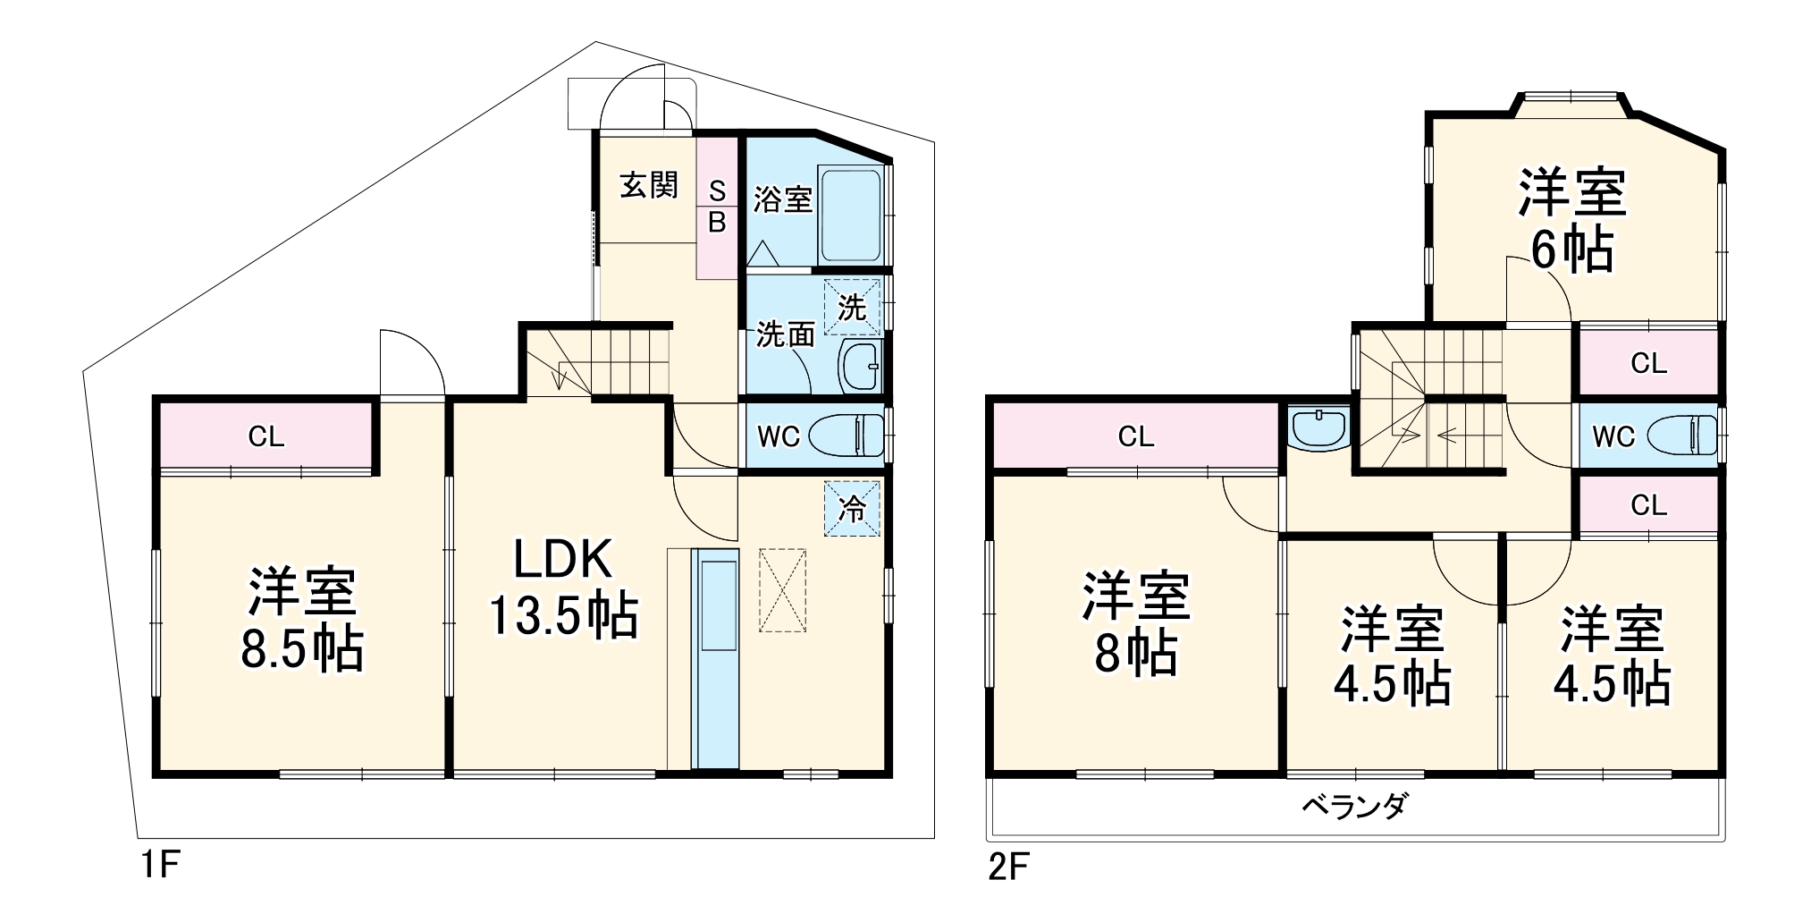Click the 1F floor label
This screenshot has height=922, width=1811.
[162, 866]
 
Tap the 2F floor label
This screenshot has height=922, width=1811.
[1008, 867]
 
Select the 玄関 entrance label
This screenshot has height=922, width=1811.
[649, 186]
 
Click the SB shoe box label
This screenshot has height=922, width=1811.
[717, 207]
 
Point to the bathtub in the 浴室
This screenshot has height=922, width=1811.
[850, 215]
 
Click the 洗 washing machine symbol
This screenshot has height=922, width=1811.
[851, 308]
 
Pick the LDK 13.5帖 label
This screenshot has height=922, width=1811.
[563, 588]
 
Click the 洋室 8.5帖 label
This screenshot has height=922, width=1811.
[302, 618]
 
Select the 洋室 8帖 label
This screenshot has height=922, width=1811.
[1136, 623]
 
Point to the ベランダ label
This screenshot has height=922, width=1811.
[1353, 806]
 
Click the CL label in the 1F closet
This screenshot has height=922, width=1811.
[266, 436]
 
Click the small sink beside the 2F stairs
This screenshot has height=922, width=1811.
[1319, 427]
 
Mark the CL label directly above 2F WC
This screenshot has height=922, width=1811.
[1648, 363]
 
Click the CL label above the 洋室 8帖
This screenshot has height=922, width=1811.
[1136, 436]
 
